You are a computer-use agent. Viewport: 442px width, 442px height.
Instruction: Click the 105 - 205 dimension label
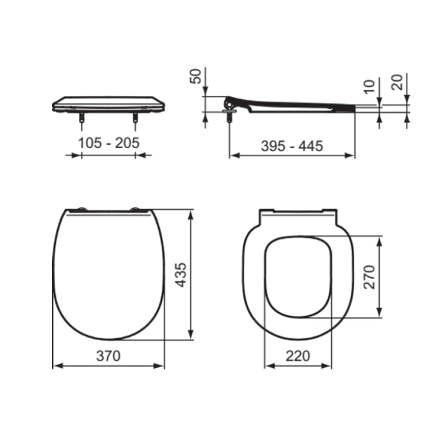[108, 143]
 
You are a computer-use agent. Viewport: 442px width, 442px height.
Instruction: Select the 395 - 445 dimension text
[292, 146]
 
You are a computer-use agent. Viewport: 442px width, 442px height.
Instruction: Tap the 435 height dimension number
[181, 275]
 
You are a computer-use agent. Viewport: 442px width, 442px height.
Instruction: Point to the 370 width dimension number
[108, 356]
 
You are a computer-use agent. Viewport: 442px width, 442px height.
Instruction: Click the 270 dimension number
[369, 277]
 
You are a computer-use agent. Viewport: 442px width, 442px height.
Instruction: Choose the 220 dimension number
[298, 356]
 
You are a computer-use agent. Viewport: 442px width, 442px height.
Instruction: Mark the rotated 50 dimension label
[196, 76]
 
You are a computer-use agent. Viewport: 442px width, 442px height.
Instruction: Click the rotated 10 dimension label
[369, 86]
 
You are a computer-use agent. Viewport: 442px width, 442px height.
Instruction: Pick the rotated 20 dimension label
[397, 82]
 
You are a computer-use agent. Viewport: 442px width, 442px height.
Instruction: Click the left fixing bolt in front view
[82, 117]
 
